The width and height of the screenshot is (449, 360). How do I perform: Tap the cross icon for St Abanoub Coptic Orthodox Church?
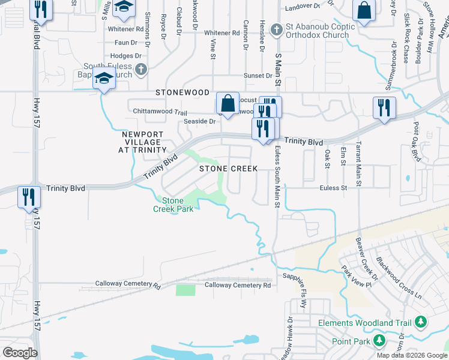tap(276, 28)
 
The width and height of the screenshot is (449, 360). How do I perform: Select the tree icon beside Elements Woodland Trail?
tap(420, 323)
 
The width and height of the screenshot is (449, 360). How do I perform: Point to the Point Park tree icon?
tap(379, 341)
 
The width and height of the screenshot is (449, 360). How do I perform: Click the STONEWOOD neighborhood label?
tap(182, 93)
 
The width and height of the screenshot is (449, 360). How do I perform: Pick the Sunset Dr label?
tap(258, 76)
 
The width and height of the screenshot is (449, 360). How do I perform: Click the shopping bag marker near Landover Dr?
tap(364, 10)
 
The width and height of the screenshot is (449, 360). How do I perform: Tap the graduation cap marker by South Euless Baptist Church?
tap(104, 79)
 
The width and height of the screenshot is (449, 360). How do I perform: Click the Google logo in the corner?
tap(19, 352)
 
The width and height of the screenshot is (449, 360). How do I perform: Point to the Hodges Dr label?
tap(129, 56)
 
